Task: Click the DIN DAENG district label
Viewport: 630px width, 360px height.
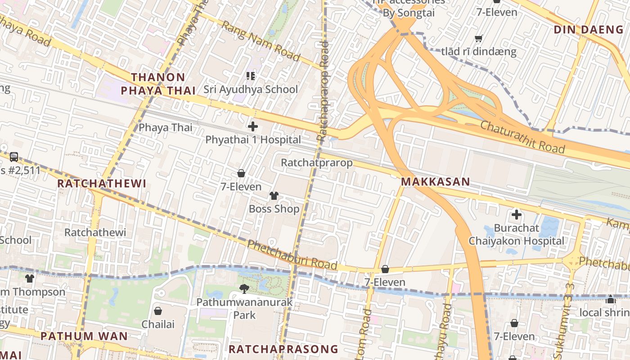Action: click(x=588, y=30)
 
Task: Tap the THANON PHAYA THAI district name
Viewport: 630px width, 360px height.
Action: click(x=158, y=84)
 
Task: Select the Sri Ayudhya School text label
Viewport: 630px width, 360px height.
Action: click(x=251, y=89)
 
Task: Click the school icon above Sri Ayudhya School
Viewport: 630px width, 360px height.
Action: click(x=251, y=76)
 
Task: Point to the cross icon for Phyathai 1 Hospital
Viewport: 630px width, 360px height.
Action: click(x=253, y=126)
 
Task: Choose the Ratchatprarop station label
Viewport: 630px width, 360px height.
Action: click(x=316, y=162)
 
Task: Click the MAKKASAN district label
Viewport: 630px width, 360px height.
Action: click(x=435, y=182)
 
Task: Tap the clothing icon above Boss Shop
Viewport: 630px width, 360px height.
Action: click(x=274, y=196)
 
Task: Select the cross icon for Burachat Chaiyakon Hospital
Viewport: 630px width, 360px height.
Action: click(x=516, y=215)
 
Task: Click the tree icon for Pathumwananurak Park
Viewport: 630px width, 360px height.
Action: click(x=244, y=288)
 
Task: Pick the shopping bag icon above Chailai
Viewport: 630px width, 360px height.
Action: click(x=158, y=311)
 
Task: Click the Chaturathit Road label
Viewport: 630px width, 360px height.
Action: click(x=522, y=136)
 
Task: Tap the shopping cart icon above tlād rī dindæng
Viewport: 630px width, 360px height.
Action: click(x=479, y=39)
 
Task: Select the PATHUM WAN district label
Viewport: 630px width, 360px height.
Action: click(x=84, y=336)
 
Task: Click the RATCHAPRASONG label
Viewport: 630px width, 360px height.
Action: click(x=283, y=349)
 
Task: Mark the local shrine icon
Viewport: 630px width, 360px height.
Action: click(x=610, y=299)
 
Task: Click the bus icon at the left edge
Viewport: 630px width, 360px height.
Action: click(x=14, y=157)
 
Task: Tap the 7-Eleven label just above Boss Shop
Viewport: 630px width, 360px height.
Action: click(x=241, y=186)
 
